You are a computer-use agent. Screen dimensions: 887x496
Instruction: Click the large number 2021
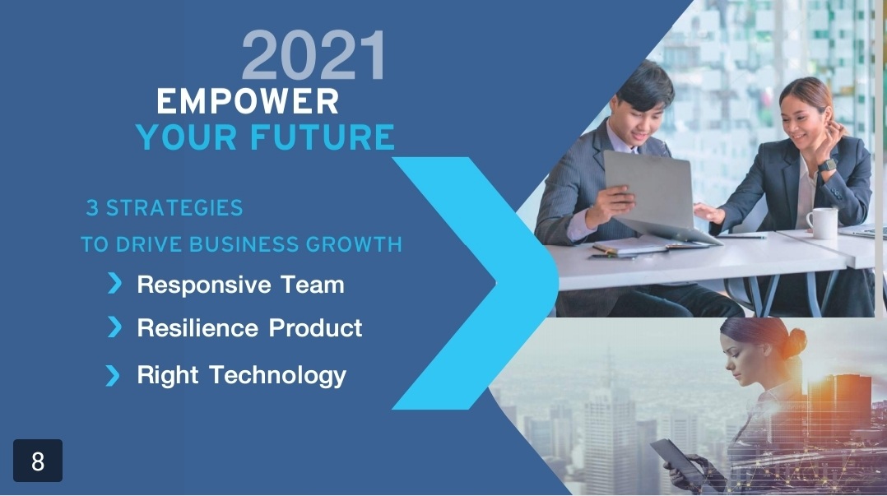pos(314,55)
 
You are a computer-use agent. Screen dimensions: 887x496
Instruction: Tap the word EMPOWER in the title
pos(248,102)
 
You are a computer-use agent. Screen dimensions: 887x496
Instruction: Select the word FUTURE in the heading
pos(322,137)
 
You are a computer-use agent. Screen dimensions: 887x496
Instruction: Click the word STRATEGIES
pos(174,208)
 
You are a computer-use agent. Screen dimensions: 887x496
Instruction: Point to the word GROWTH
pos(354,244)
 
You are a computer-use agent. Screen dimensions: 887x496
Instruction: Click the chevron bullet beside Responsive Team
pos(114,283)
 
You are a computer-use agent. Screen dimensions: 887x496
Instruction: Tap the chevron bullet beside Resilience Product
pos(114,327)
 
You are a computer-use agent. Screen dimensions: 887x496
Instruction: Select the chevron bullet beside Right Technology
pos(113,376)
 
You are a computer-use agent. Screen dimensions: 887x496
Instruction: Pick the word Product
pos(315,328)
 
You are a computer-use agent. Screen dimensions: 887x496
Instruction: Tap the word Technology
pos(278,376)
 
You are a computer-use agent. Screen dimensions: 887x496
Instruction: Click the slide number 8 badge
pos(38,461)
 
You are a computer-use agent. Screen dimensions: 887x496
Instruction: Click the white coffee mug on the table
pos(822,224)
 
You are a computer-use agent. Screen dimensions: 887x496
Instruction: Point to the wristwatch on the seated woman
pos(827,165)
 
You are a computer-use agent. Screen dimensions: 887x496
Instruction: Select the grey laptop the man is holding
pos(657,195)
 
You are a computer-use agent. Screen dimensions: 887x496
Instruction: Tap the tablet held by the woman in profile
pos(676,459)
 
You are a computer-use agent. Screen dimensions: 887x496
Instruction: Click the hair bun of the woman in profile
pos(796,343)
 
